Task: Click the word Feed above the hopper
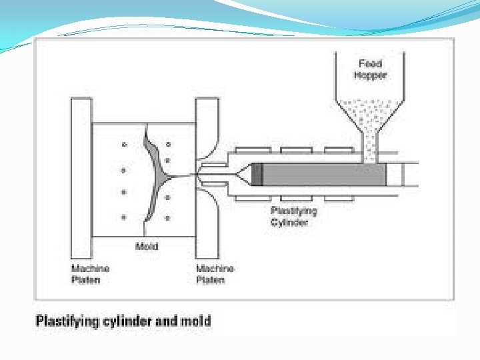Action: coord(370,64)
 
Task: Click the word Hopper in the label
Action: coord(370,75)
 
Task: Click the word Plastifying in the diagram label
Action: coord(293,211)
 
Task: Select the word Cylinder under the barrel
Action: coord(289,222)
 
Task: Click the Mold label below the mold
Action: coord(147,247)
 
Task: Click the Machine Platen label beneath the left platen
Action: coord(90,274)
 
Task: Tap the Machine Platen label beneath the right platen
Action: coord(215,274)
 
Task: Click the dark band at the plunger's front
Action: coord(257,175)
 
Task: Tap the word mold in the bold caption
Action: coord(197,321)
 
